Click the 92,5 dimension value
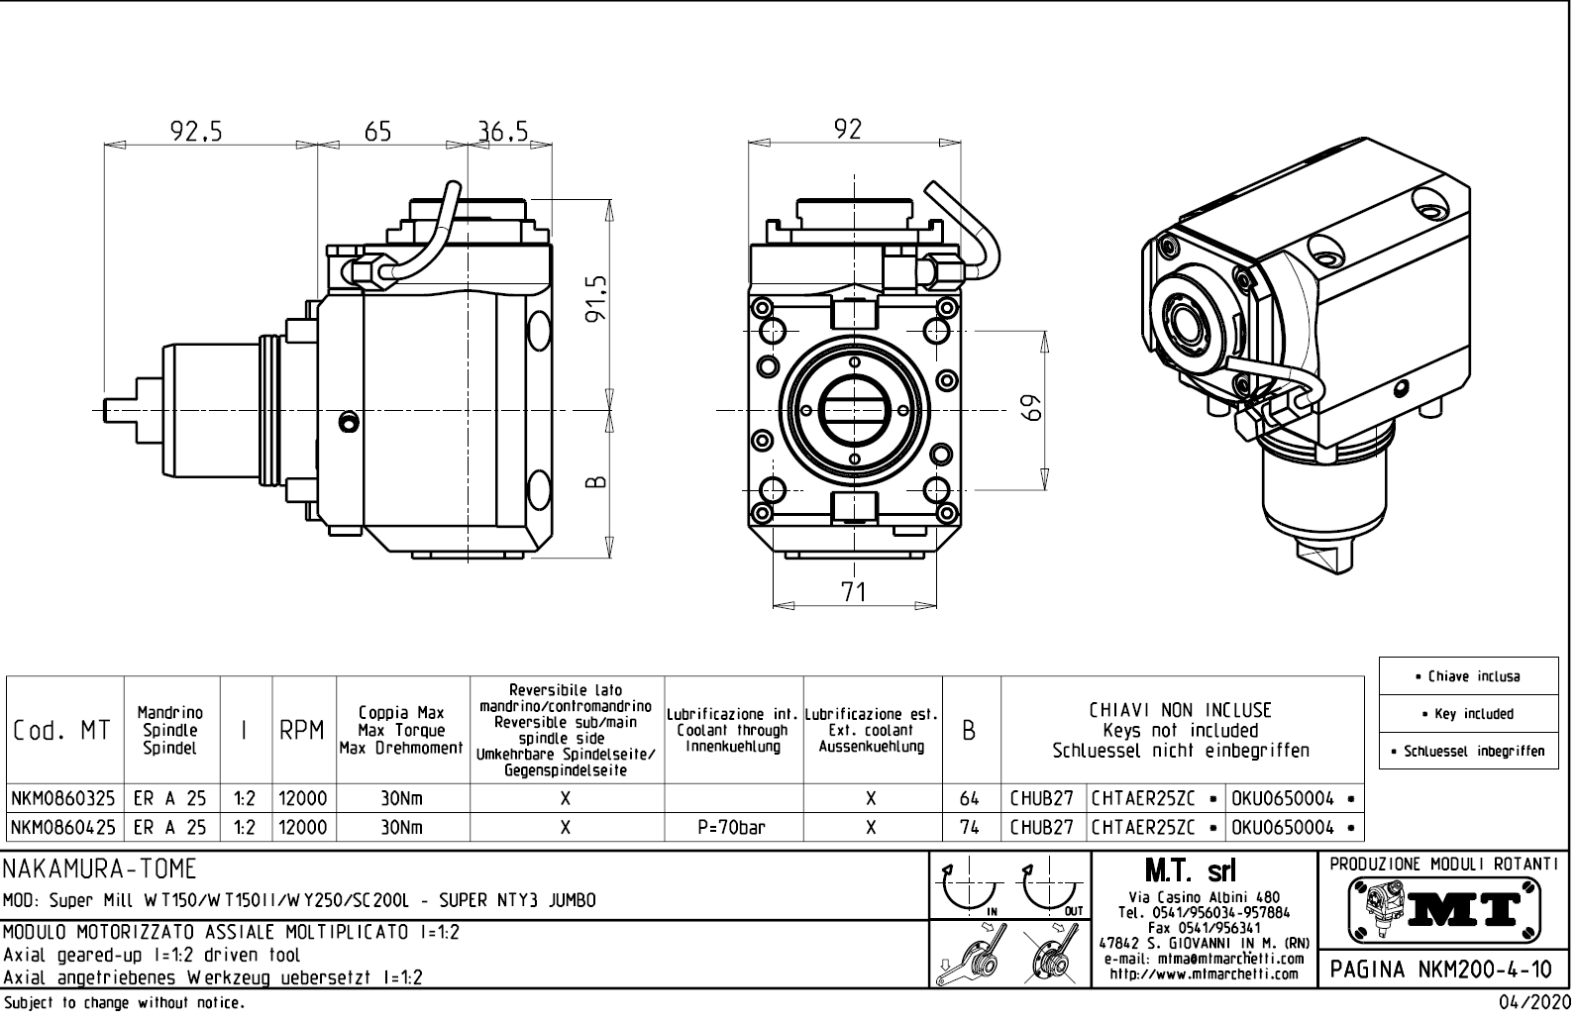196,131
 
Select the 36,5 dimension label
503,131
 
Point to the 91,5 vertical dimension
595,298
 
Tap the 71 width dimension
853,591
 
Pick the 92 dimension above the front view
848,129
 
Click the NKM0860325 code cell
64,798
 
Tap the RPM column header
303,731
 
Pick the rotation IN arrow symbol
967,889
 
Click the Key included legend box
1467,714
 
